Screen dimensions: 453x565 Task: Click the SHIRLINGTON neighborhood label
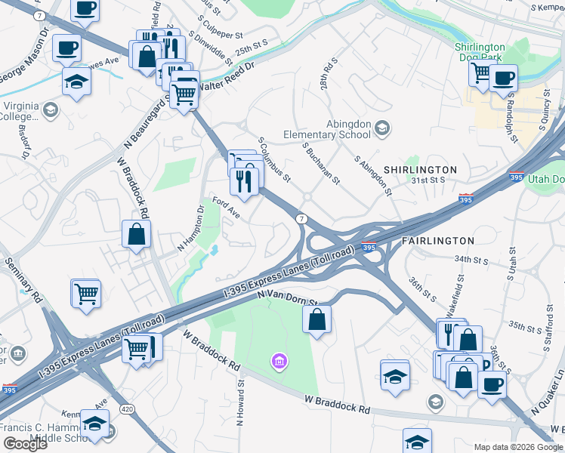coord(420,170)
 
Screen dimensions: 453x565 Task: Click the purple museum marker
coord(280,362)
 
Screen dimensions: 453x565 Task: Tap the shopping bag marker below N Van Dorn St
coord(317,319)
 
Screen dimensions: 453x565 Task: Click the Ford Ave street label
coord(226,208)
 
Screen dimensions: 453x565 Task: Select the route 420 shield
coord(128,408)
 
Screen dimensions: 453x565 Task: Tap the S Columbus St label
coord(274,159)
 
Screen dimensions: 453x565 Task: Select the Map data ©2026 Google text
coord(518,446)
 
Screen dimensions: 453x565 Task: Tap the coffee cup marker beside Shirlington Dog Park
coord(502,77)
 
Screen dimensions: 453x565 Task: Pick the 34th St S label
coord(472,258)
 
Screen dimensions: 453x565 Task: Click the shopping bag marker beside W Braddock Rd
coord(136,234)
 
